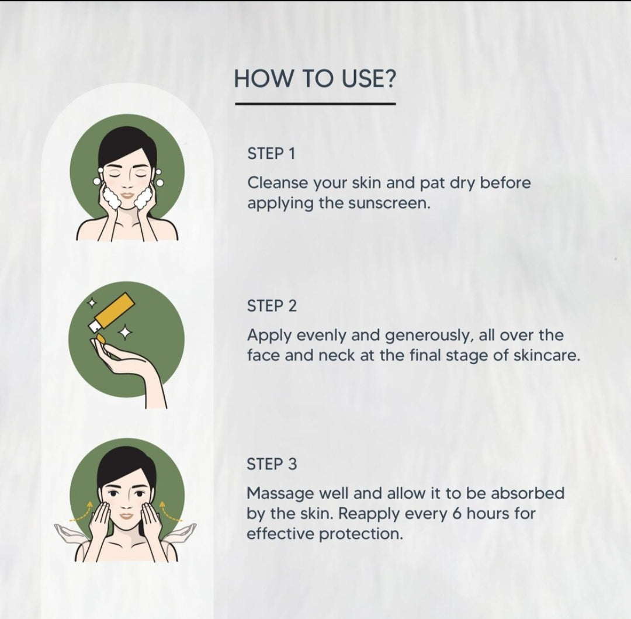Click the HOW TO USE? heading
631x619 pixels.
coord(315,78)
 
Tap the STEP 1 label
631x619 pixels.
coord(271,153)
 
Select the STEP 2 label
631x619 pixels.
coord(272,306)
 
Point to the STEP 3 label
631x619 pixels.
coord(272,464)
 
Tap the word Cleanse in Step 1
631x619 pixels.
coord(278,183)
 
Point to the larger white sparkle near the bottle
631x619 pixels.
coord(125,332)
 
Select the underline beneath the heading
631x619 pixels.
coord(315,104)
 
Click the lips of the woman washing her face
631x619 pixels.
coord(127,195)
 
